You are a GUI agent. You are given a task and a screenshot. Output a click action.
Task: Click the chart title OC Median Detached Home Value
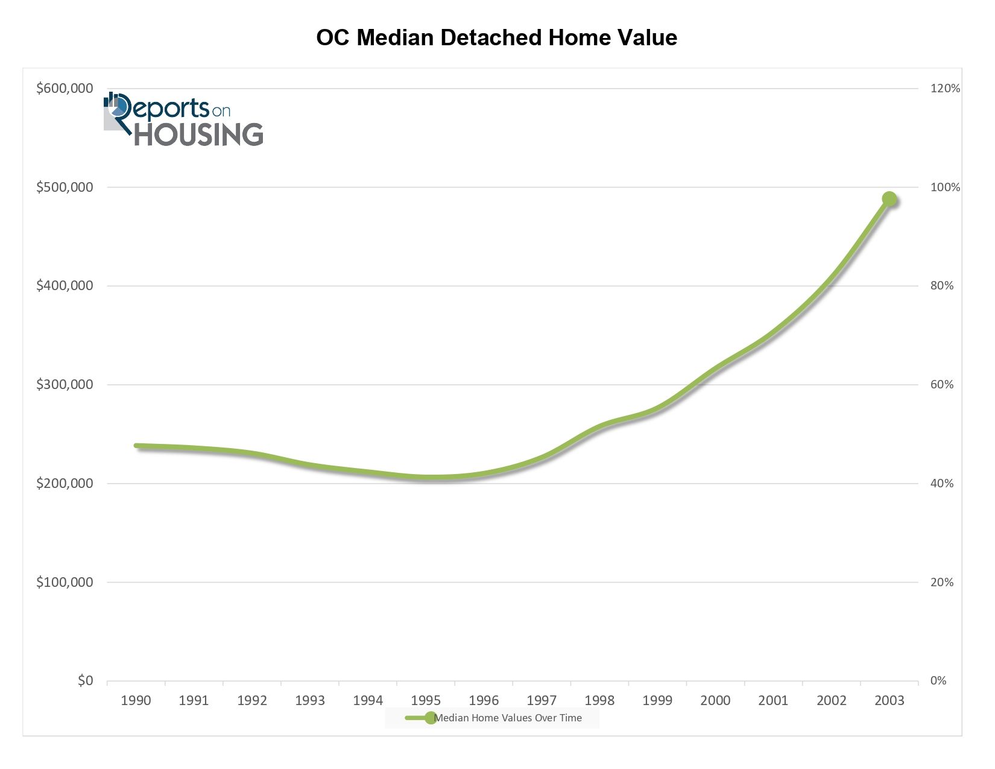tap(497, 37)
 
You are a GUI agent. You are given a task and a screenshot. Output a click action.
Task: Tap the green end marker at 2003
tap(889, 199)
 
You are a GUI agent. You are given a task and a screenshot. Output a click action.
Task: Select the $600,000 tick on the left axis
tap(65, 89)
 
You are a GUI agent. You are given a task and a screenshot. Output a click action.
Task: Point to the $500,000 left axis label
tap(65, 188)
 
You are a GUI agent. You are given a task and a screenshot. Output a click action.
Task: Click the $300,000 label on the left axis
tap(65, 385)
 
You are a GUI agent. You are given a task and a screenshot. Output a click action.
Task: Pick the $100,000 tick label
tap(65, 583)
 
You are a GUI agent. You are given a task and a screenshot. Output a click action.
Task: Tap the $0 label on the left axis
tap(85, 681)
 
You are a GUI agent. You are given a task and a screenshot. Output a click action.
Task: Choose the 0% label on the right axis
tap(938, 681)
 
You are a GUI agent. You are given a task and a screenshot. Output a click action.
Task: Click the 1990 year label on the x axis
tap(136, 701)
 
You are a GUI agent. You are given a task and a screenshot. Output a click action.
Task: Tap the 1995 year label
tap(426, 701)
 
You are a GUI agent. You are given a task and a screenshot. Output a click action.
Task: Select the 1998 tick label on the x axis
tap(599, 701)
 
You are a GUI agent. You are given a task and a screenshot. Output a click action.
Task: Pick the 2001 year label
tap(773, 701)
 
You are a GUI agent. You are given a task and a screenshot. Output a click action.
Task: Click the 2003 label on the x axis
tap(889, 701)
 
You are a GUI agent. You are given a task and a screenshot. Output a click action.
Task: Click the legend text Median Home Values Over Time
tap(508, 718)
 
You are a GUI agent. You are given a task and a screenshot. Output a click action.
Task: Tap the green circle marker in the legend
tap(430, 718)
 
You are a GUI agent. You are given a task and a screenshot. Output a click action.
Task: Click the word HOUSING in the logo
tap(198, 134)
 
